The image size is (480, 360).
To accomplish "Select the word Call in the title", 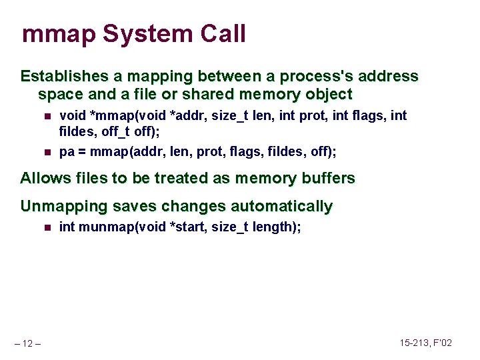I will (223, 34).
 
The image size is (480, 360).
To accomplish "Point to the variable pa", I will (67, 153).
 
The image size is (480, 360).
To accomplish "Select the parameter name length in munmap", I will (275, 227).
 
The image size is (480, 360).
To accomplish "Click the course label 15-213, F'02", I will (426, 343).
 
